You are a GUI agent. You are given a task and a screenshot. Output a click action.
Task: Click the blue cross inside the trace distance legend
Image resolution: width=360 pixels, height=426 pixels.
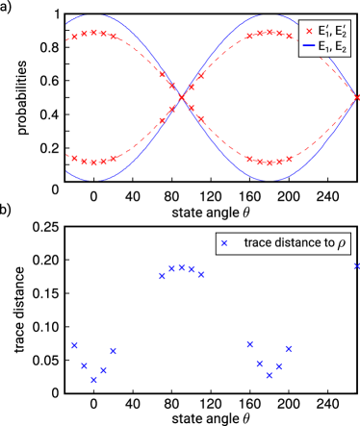pos(224,244)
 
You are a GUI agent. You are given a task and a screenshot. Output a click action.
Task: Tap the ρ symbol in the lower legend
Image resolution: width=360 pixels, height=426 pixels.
pos(341,245)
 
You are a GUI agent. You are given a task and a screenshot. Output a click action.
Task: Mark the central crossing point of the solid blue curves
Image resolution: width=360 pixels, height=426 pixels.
pos(182,96)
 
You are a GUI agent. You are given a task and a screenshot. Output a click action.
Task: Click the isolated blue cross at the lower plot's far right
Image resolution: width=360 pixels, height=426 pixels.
pos(357,266)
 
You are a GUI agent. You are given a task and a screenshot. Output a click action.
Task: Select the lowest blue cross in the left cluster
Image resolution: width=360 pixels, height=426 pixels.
pos(94,380)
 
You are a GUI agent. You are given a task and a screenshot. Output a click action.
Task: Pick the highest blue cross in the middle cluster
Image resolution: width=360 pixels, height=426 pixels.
pos(182,266)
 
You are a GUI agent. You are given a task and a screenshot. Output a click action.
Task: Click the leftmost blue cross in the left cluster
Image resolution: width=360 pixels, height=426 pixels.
pos(74,345)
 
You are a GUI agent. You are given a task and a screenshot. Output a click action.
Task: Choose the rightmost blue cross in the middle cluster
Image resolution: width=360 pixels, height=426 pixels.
pos(201,275)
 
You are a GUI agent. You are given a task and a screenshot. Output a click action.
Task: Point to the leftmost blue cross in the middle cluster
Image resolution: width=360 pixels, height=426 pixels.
pos(162,276)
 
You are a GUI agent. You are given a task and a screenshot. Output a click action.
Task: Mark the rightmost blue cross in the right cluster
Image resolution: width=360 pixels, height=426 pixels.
pos(289,348)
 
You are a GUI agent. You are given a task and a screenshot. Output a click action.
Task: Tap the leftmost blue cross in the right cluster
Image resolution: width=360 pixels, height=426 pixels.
pos(249,343)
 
